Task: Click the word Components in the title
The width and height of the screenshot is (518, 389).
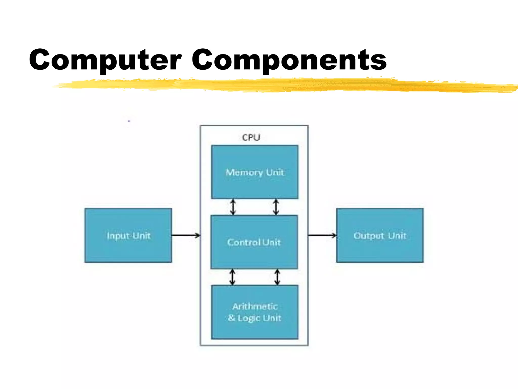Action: pos(289,60)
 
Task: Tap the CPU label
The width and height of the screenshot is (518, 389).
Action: pos(251,137)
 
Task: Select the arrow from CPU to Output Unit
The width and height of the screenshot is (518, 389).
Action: pos(322,235)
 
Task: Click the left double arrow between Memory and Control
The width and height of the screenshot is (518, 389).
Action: pos(233,207)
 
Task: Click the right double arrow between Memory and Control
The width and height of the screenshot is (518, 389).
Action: pos(276,207)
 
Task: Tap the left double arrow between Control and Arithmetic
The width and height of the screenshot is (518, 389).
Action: pos(232,277)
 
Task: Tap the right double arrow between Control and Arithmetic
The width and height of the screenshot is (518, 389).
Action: pos(277,277)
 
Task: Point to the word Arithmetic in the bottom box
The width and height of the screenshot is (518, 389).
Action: pos(255,306)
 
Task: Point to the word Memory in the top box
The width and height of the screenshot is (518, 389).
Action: pos(244,172)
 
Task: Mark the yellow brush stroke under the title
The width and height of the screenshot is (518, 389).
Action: pos(278,85)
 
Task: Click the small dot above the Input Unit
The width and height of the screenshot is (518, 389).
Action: pos(129,121)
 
